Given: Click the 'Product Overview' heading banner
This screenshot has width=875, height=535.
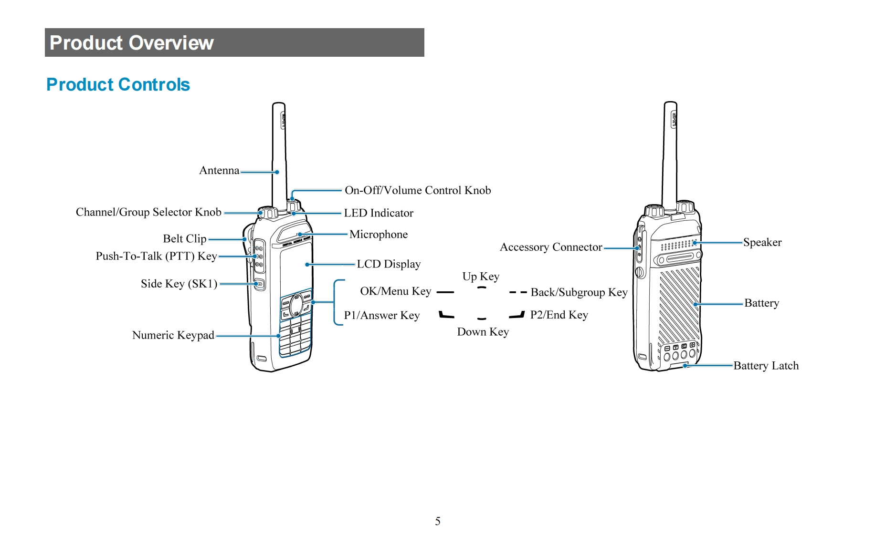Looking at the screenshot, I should pos(234,42).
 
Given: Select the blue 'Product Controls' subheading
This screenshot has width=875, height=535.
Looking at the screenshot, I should pos(118,84).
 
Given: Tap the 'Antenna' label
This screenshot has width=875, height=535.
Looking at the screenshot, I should pos(219,170).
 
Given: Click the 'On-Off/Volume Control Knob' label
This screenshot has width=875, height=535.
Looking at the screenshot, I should pos(418,190).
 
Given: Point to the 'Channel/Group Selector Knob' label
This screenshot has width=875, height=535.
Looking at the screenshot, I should pos(148,212).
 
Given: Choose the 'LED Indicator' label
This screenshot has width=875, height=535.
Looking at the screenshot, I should pos(379,213).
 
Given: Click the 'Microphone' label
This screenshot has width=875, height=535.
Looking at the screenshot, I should pos(379,234).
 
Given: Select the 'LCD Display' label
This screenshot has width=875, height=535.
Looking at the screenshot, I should pos(389,264).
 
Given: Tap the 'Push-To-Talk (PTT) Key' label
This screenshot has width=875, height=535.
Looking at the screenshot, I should pos(156,256).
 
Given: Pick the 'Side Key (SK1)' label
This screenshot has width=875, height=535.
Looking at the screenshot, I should pos(179,284).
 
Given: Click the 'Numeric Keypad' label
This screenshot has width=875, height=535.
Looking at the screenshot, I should pos(173,335).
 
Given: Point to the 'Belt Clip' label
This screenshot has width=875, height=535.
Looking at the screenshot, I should pos(185,238).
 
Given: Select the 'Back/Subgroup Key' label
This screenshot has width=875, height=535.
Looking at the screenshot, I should pos(579,292).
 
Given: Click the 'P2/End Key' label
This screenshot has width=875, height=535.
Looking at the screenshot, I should pos(559,315).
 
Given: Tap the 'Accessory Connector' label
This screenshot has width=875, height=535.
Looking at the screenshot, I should pos(551,247).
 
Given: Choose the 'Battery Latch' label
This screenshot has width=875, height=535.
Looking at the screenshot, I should pos(766,366).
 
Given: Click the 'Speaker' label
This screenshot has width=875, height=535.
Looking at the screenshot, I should pos(762,242).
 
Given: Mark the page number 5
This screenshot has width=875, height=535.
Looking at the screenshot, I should pos(438,521).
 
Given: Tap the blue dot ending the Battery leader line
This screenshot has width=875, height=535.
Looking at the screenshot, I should pos(696,304).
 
